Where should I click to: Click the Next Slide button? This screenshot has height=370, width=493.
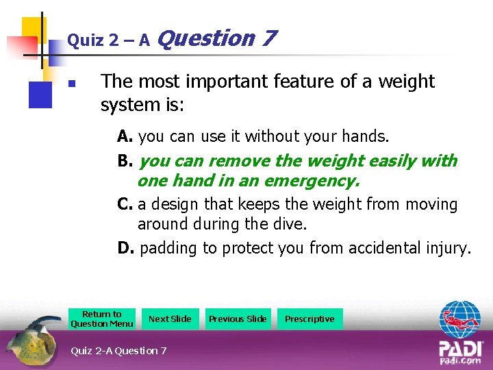[x=170, y=319]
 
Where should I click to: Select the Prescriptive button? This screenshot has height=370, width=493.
[x=309, y=319]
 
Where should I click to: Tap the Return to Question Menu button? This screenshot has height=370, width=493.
[x=102, y=319]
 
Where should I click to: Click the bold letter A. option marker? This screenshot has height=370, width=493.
[x=125, y=137]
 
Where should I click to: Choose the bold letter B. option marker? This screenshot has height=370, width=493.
[x=125, y=162]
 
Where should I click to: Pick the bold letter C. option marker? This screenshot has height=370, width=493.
[x=125, y=204]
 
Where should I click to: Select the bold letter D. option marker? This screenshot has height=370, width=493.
[x=126, y=248]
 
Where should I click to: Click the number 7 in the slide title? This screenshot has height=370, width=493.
[x=268, y=38]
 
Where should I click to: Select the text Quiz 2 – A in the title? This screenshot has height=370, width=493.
[x=108, y=40]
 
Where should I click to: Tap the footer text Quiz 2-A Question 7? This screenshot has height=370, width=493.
[x=118, y=351]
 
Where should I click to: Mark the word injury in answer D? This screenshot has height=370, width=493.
[x=448, y=248]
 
